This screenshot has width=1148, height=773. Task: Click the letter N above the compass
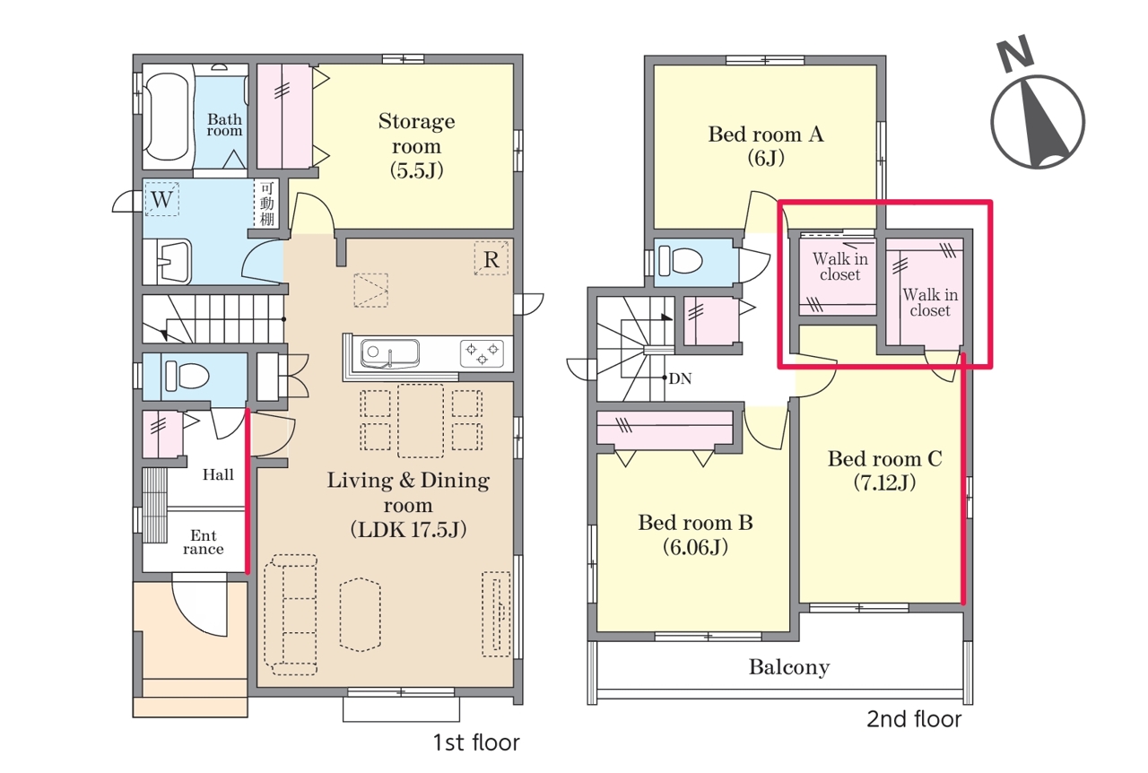point(1014,52)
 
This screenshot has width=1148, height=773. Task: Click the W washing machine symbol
point(161,198)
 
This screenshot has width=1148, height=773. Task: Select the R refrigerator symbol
point(491,258)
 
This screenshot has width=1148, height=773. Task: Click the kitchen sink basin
point(390,353)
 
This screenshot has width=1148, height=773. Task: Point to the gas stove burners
point(482,353)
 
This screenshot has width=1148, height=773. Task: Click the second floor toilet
point(680,260)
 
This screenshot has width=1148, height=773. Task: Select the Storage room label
point(417,145)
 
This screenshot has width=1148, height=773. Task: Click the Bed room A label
point(766,145)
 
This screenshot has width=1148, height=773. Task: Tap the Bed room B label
point(695,534)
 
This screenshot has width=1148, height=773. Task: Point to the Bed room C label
point(885,470)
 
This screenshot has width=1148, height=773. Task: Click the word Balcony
point(789,667)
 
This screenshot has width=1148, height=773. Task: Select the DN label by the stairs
point(680,378)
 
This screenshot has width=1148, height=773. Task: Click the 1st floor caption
point(476,743)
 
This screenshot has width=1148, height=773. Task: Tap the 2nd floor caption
point(914,719)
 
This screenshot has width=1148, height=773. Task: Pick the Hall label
point(218,474)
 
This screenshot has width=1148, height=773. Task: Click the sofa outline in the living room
point(291,614)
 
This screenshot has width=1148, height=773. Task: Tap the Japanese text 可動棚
point(267,204)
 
